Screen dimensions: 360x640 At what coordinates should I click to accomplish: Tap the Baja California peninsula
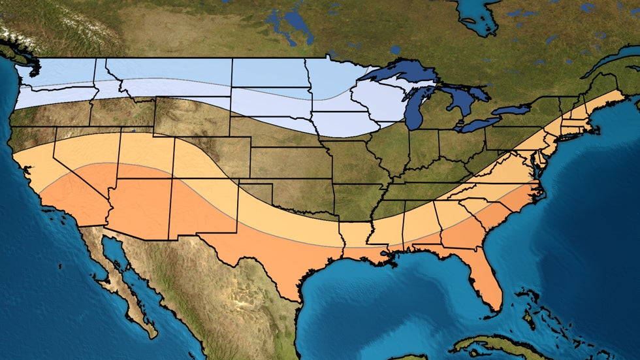click(124, 287)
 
